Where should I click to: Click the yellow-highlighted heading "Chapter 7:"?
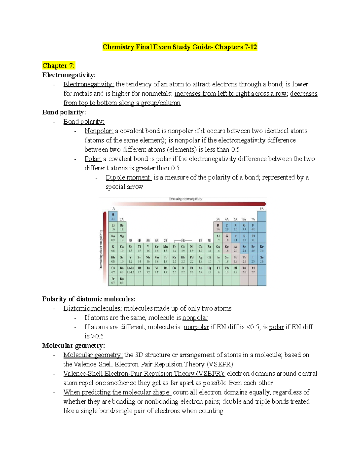point(58,65)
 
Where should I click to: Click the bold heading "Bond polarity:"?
point(64,112)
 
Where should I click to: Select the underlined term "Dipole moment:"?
point(129,178)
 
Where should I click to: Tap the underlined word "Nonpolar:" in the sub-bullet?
point(99,131)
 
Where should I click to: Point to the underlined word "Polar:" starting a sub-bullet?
point(93,159)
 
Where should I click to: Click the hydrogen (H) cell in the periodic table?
point(113,216)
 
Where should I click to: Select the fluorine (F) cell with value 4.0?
point(253,227)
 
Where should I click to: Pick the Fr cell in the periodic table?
point(113,280)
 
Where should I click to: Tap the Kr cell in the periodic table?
point(262,248)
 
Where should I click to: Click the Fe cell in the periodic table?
point(174,248)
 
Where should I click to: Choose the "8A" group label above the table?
point(262,209)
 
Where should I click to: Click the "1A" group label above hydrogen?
point(113,209)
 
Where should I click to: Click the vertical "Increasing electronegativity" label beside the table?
point(101,249)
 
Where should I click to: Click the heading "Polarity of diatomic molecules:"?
point(88,299)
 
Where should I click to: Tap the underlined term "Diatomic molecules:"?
point(93,308)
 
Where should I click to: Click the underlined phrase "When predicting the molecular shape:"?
point(117,392)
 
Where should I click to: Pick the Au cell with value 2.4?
point(200,270)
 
